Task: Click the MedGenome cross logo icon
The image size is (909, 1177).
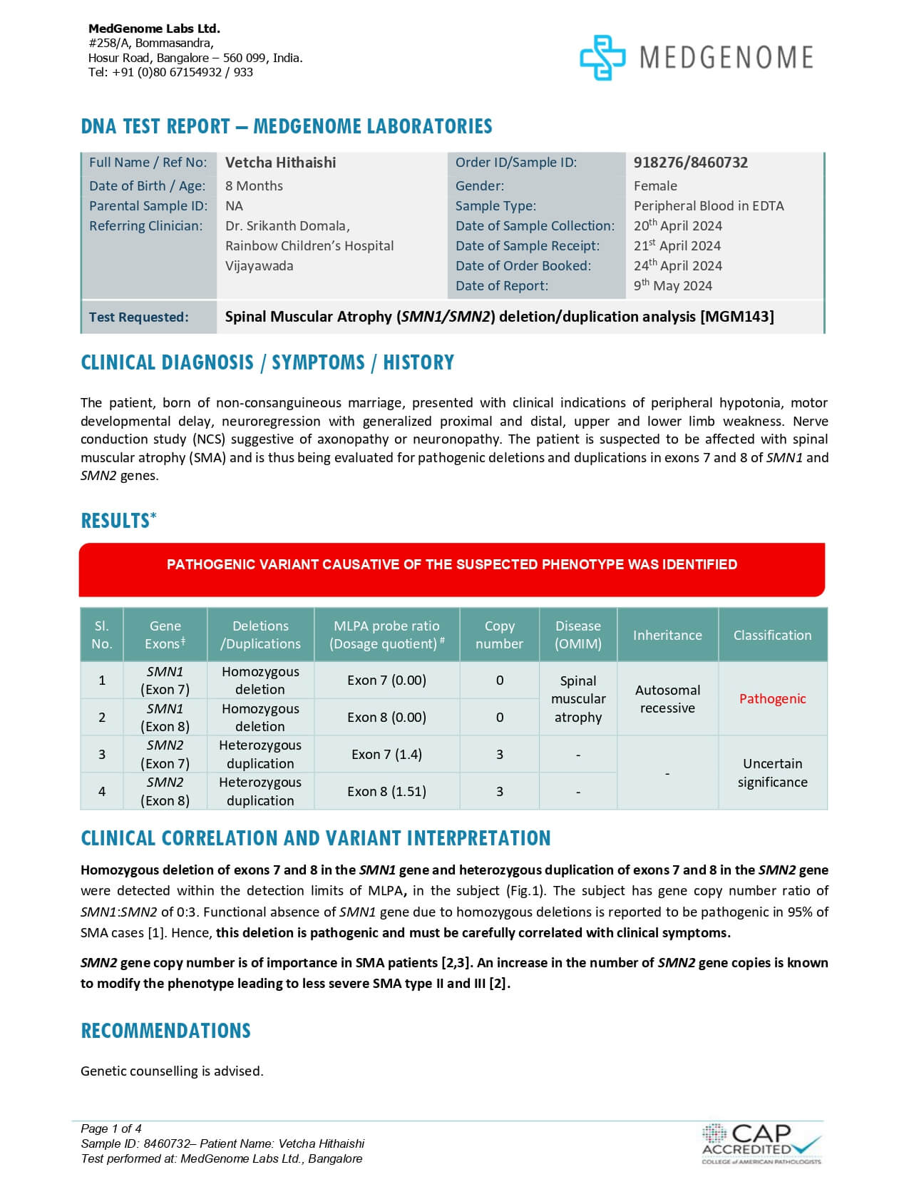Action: pos(602,57)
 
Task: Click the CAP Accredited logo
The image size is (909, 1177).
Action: pos(761,1143)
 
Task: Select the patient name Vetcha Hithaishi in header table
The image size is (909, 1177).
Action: pos(280,163)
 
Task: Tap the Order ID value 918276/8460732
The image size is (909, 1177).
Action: pos(690,163)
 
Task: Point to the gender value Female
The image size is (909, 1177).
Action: pos(655,186)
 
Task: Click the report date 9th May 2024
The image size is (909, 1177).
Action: pos(672,285)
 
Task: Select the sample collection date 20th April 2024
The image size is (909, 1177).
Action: pos(677,225)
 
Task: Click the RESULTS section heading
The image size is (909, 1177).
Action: pos(118,521)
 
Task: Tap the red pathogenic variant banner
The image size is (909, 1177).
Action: pos(451,569)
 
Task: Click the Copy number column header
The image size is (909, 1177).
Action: pos(499,634)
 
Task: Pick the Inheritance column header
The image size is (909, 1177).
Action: pos(667,635)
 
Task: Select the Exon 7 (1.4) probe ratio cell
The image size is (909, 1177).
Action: pos(386,754)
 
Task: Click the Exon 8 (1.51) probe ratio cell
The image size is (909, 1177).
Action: pos(386,791)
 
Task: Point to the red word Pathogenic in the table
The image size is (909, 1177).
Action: pos(772,698)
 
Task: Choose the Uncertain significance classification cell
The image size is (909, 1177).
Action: pos(772,773)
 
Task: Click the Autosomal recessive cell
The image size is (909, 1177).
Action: pos(667,698)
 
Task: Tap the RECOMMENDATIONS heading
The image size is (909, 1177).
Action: pos(165,1031)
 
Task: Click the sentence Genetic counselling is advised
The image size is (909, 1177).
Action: pos(172,1071)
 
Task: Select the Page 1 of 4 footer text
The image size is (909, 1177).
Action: pos(111,1128)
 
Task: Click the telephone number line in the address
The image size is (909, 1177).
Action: pos(170,72)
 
